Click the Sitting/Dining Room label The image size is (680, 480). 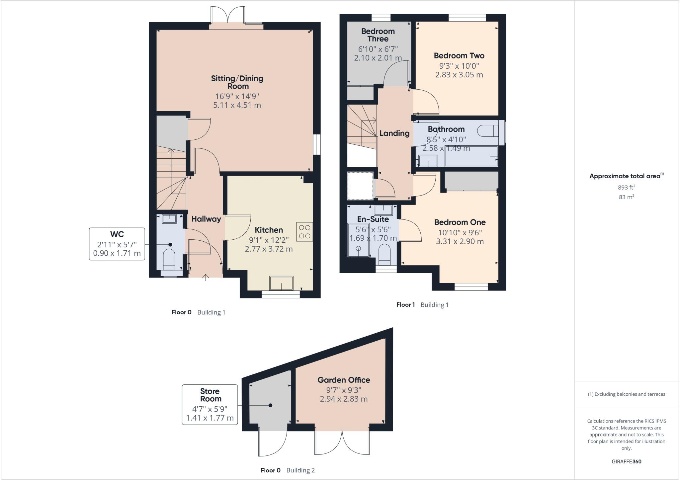[237, 82]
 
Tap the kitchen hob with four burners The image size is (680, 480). [304, 232]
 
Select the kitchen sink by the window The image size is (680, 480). [281, 283]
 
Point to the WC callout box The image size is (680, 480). [117, 244]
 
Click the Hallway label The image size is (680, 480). [206, 219]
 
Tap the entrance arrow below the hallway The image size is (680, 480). [206, 278]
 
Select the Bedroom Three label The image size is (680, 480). [378, 35]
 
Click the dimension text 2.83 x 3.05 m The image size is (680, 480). [459, 75]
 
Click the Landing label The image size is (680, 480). [394, 133]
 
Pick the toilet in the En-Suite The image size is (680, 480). [384, 255]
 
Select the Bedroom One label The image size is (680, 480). [460, 222]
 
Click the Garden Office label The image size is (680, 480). [344, 380]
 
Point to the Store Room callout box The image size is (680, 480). [210, 404]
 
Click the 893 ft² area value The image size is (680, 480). [626, 187]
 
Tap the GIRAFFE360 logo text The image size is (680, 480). [626, 461]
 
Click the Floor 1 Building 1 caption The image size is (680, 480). [422, 305]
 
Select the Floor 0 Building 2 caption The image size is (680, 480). [288, 470]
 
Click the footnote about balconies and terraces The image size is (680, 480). [626, 394]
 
